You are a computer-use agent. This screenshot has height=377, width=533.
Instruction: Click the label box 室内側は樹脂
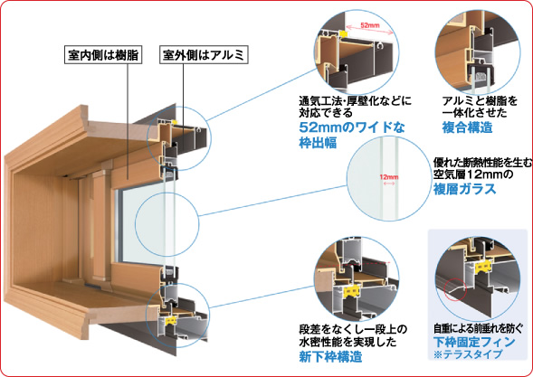tap(103, 55)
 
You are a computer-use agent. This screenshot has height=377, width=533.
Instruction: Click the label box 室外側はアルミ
tap(204, 55)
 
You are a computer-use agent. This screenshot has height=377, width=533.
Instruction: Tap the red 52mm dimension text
tap(370, 25)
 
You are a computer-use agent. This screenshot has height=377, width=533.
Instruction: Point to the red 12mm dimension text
tap(389, 177)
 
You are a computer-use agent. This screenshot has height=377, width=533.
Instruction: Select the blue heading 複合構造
tap(468, 127)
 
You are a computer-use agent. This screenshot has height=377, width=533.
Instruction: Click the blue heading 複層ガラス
tap(464, 189)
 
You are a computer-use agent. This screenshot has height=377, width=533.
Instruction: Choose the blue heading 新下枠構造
tap(330, 356)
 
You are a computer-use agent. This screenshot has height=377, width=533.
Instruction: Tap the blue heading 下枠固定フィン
tap(474, 342)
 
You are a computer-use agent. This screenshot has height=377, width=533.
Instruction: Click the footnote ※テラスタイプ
tap(468, 354)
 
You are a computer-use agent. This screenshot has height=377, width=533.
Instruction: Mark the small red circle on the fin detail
tap(455, 289)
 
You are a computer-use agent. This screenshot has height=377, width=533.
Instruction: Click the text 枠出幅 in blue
tap(318, 143)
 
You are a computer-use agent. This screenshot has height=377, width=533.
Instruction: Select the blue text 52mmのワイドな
tap(352, 127)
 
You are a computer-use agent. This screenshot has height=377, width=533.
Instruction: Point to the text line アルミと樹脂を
tap(480, 101)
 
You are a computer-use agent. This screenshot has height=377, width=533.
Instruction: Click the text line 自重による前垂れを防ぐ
tap(478, 328)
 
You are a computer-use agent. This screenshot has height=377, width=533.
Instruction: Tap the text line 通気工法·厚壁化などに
tap(356, 101)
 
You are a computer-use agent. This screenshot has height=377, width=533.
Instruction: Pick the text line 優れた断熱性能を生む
tap(482, 164)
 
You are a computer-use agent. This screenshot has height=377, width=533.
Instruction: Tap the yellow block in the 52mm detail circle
tap(343, 33)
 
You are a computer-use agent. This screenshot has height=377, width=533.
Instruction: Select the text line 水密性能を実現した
tap(347, 342)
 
